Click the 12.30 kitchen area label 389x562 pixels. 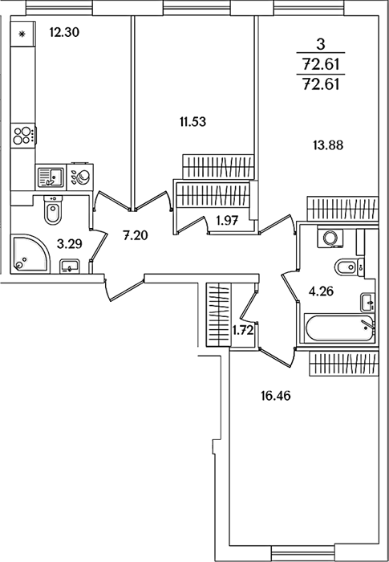(64, 33)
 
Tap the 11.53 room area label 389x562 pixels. (192, 122)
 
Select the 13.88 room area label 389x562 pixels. (328, 145)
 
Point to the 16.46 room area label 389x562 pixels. (275, 396)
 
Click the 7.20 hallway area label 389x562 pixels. (135, 235)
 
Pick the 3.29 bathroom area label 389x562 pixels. (70, 244)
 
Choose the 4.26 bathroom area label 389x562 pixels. (321, 291)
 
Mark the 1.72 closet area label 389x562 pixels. (243, 330)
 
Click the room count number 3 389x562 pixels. (321, 45)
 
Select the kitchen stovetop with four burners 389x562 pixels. (23, 136)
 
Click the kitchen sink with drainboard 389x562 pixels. (51, 177)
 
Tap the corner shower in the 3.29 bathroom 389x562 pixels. (30, 254)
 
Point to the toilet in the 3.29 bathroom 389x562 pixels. (53, 210)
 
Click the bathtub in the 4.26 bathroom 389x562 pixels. (338, 328)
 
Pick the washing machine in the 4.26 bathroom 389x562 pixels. (330, 238)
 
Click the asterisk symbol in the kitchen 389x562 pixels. (22, 35)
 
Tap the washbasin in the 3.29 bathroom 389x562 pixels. (70, 267)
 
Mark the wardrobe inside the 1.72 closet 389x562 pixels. (218, 315)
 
